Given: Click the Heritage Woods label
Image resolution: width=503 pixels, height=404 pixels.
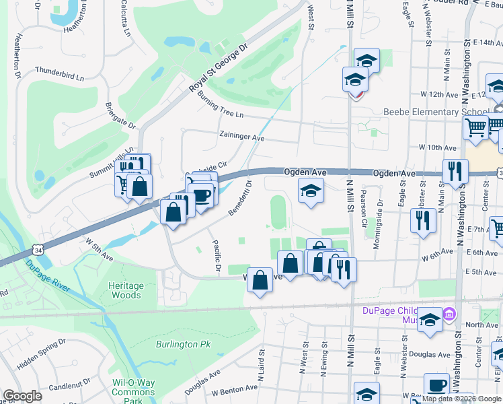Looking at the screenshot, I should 126,290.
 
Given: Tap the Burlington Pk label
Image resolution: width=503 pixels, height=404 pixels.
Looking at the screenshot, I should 184,344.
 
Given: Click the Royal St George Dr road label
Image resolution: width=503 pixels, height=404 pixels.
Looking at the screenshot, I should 218,68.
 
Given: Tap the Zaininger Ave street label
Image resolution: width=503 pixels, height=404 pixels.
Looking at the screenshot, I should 242,136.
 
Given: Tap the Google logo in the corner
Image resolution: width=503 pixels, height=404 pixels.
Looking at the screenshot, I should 22,396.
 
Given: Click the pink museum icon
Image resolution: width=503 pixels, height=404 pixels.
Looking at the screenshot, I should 449,314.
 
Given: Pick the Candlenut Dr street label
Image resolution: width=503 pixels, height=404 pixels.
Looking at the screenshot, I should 65,386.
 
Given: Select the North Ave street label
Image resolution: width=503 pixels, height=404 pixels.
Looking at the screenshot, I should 481,325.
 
